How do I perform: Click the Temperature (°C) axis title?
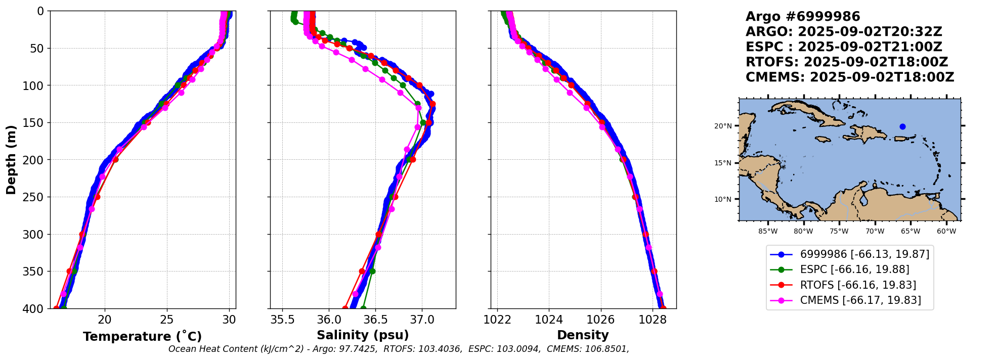coord(142,336)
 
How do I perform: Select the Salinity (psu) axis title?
coord(363,335)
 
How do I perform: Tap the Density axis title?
coord(583,335)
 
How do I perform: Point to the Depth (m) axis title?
coord(11,160)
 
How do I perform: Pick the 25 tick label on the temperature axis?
coord(167,320)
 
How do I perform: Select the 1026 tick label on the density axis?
coord(601,320)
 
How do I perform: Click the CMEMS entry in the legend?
coord(860,300)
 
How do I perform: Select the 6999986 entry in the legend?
coord(864,254)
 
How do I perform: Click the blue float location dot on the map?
coord(902,126)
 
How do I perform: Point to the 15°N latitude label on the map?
coord(723,163)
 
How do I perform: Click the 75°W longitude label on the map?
coord(839,232)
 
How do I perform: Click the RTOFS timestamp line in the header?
coord(847,62)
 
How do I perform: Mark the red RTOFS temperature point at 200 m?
coord(115,160)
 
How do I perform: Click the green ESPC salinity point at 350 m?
coord(372,271)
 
